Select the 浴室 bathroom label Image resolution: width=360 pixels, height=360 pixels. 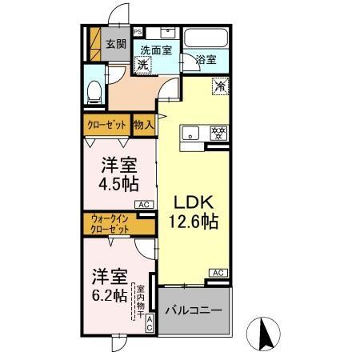[206, 58]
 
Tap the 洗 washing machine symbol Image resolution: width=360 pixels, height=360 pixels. [142, 65]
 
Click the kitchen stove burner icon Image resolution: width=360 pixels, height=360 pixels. [214, 133]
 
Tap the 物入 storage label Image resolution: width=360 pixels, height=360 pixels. [144, 125]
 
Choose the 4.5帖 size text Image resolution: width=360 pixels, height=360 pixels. [118, 183]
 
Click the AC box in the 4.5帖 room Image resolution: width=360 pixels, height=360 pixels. [144, 206]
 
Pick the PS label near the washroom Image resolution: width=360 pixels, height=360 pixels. [138, 32]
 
